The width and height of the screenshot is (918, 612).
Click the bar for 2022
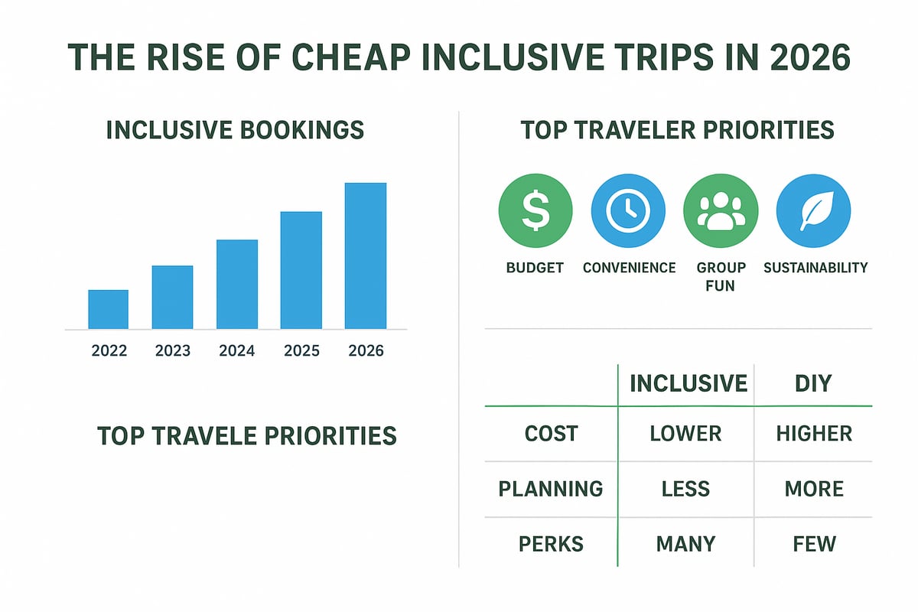(108, 309)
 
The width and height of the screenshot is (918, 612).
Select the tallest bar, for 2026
(365, 256)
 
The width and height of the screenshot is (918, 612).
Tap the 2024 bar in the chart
(237, 284)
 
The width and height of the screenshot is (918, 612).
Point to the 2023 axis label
(173, 352)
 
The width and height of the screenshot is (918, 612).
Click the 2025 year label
(301, 352)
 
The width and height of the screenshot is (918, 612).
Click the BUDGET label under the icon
(535, 268)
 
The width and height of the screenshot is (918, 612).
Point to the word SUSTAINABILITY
(815, 268)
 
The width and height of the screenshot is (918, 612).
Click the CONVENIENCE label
(629, 268)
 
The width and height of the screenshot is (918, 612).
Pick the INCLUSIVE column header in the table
(688, 383)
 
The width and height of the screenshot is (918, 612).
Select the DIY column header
(813, 383)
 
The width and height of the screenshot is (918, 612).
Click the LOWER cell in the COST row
(685, 434)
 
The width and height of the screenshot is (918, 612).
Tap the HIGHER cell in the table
(814, 434)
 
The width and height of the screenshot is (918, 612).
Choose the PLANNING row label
(551, 489)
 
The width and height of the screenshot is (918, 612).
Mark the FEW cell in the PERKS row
(814, 544)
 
